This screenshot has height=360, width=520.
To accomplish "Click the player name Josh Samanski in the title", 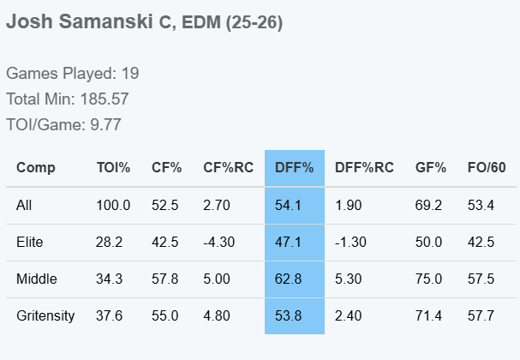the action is [x=80, y=21].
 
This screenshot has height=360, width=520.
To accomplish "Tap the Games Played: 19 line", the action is [x=72, y=74].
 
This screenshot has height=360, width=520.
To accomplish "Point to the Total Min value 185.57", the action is [x=105, y=99].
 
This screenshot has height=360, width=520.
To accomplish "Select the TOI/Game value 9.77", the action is [x=105, y=125].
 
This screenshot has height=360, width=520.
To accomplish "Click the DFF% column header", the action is [x=294, y=167].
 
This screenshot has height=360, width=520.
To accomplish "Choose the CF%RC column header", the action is [x=228, y=167].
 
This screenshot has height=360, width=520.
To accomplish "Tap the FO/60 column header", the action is [x=487, y=167].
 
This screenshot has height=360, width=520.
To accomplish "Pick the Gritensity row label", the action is [x=45, y=315].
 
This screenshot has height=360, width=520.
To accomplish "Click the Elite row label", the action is [x=29, y=242].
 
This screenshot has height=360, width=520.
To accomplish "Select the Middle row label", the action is [x=37, y=279].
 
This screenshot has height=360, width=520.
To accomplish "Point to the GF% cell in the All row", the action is [x=428, y=205].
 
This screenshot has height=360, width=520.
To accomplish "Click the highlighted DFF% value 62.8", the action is [x=288, y=279].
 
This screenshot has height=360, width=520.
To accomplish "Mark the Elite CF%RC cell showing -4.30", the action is [x=218, y=242].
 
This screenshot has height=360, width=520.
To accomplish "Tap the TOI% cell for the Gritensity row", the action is [x=109, y=315].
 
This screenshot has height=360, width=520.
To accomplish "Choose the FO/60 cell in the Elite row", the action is [x=481, y=242].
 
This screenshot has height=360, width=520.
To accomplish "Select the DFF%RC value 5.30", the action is [x=348, y=279].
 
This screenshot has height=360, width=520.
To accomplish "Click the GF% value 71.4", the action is [x=428, y=315].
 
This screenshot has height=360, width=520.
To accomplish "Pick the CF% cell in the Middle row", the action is [x=164, y=279].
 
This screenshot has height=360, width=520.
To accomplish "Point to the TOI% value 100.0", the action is [x=113, y=205].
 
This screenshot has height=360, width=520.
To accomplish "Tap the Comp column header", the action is [x=35, y=168].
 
